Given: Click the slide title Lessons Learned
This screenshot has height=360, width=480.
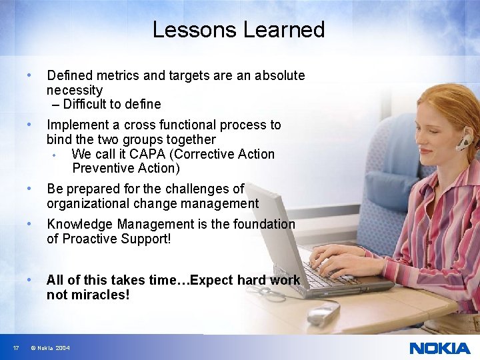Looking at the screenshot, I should pos(239,30).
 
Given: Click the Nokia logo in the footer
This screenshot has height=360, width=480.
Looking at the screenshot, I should pos(439,348).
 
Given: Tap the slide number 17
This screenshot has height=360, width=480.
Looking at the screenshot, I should pos(15,348).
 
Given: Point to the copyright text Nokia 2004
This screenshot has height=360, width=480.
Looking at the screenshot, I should pos(50,348).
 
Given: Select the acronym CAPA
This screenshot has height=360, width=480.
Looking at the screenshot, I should pos(149,154).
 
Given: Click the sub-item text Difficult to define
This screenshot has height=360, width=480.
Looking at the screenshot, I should pos(112,104).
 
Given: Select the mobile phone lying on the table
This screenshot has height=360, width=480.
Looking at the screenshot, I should pos(323,313).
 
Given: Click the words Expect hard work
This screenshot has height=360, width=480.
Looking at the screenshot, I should pos(247,280).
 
